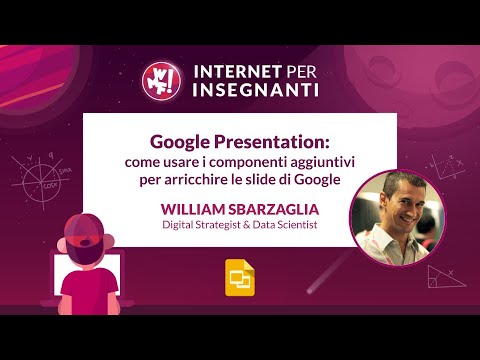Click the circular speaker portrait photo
click(x=386, y=217)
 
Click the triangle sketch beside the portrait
click(x=440, y=276)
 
